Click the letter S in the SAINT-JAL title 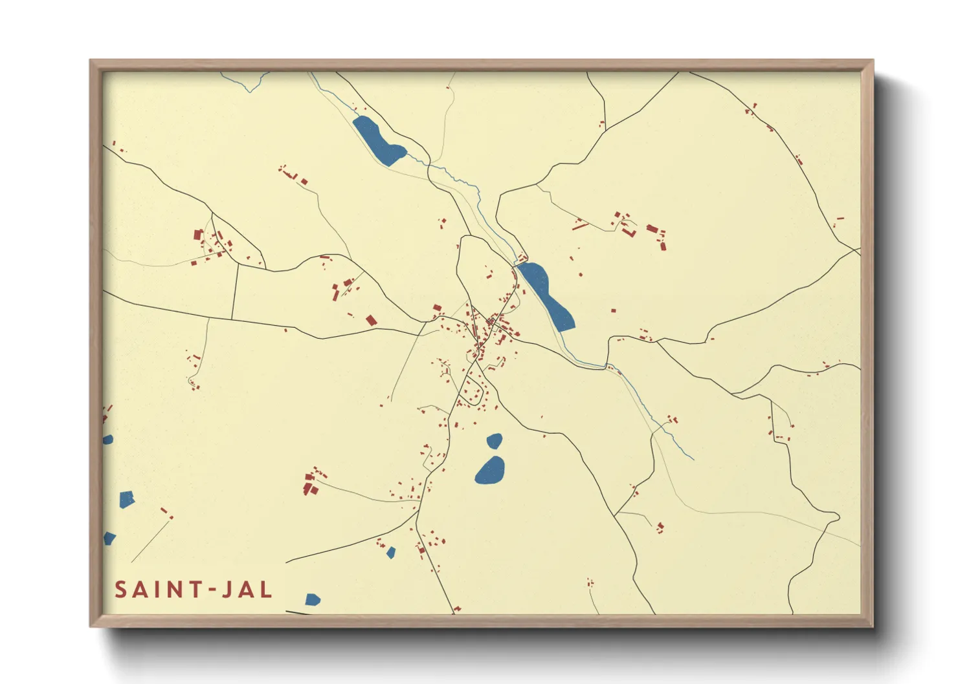121,590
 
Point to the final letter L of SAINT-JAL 266,590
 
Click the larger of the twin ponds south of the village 490,470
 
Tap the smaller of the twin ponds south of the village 495,441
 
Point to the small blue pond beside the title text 313,599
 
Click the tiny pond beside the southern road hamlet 391,552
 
